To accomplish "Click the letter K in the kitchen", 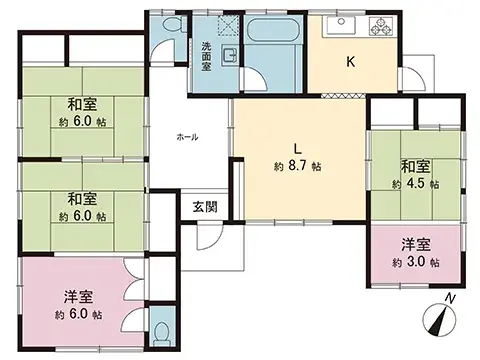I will click(x=350, y=63).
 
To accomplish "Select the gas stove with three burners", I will click(x=383, y=25).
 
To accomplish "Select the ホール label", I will click(x=187, y=137).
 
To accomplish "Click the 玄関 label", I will click(x=206, y=207).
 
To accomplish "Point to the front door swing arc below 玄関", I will click(x=207, y=236).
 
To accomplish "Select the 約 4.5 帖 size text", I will click(x=416, y=184).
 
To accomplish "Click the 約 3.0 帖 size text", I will click(x=417, y=261).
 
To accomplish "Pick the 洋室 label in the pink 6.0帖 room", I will click(x=79, y=296).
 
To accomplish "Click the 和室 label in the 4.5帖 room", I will click(x=416, y=167).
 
